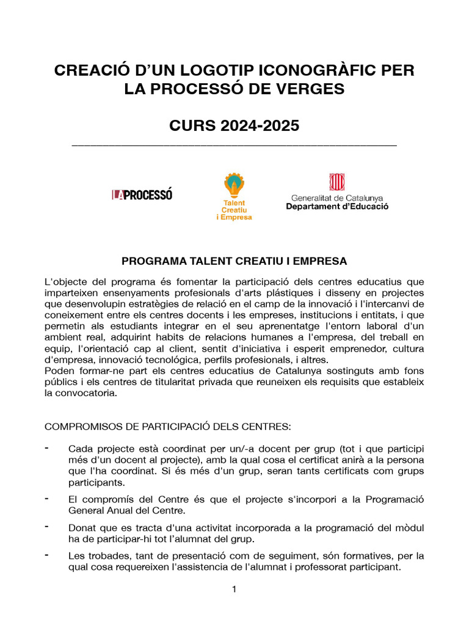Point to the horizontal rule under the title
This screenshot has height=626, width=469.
[234, 145]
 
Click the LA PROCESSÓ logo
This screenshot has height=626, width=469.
[142, 194]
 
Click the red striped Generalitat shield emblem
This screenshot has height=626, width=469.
[336, 182]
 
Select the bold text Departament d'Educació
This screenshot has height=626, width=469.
[337, 207]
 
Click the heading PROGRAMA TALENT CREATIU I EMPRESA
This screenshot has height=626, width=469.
[234, 261]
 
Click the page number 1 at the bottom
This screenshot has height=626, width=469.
[234, 589]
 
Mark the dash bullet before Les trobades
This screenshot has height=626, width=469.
[48, 554]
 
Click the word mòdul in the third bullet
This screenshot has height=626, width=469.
[410, 528]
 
